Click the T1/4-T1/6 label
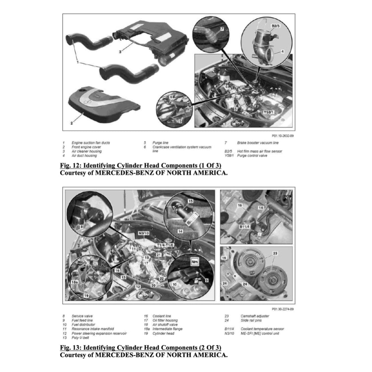[165, 246]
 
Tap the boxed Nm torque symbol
[194, 261]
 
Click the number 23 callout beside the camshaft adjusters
[275, 253]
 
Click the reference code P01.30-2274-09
[283, 309]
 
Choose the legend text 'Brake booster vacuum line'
[258, 143]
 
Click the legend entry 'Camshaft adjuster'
[255, 316]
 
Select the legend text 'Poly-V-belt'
[80, 337]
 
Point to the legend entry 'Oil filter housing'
[165, 320]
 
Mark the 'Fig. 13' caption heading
[141, 348]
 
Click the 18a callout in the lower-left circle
[74, 282]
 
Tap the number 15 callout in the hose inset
[191, 201]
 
